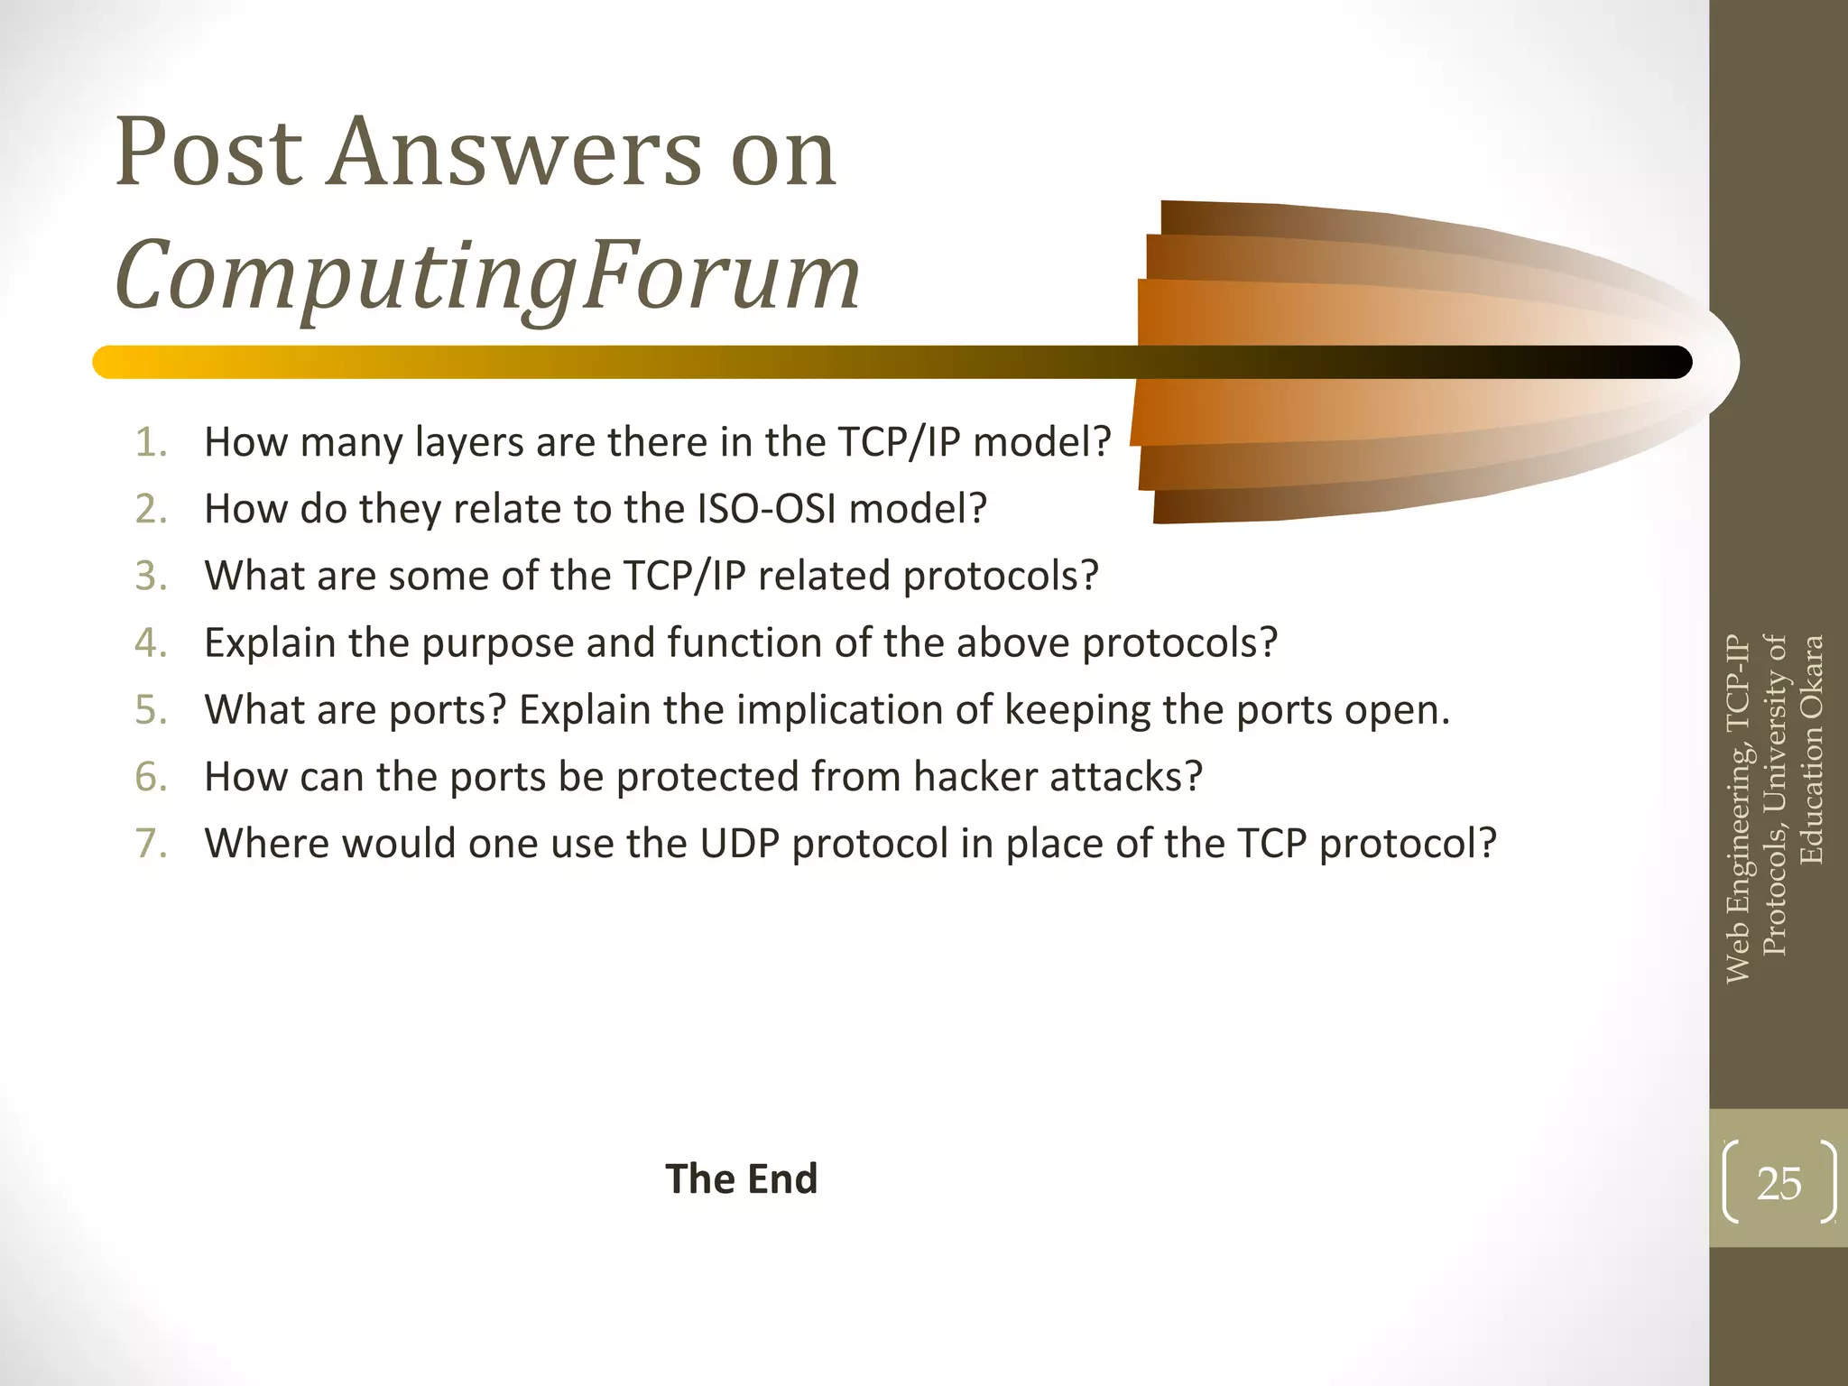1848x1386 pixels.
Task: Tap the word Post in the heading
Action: (208, 153)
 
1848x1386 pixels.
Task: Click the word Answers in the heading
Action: (514, 153)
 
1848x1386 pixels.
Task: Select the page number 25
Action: (1779, 1183)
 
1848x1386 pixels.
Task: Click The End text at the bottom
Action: (741, 1178)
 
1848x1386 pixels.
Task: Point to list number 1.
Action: (151, 442)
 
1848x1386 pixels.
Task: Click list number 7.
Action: (151, 844)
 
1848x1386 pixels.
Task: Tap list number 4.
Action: (151, 643)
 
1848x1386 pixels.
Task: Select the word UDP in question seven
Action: (739, 844)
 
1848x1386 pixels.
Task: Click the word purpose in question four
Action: (497, 643)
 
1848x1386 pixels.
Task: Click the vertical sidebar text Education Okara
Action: (1811, 749)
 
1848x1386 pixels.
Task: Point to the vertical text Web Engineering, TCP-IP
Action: (1737, 808)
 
